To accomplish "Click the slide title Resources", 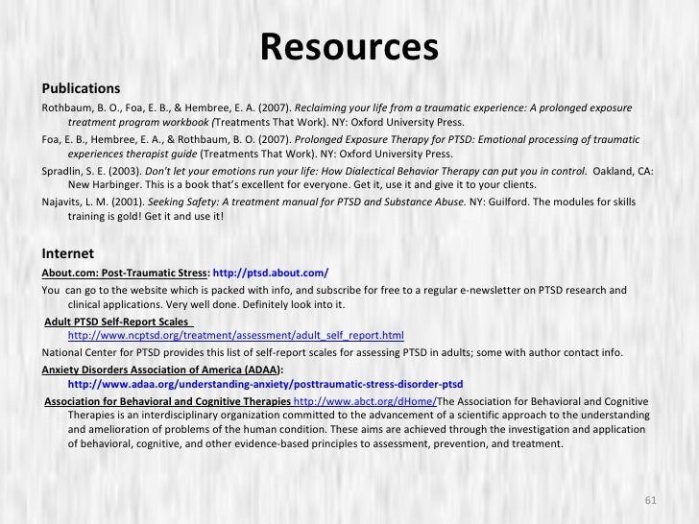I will coord(349,45).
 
